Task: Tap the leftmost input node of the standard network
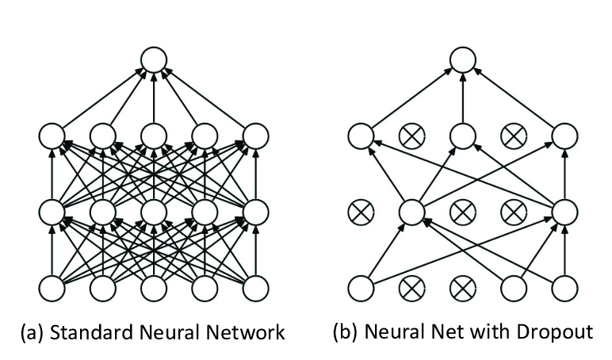point(51,288)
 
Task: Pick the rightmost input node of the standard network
point(255,288)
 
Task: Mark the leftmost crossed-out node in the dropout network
point(361,213)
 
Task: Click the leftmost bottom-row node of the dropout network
point(361,288)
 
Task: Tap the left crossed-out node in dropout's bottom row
point(412,288)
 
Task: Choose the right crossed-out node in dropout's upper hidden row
point(514,136)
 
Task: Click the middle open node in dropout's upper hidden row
point(463,136)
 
